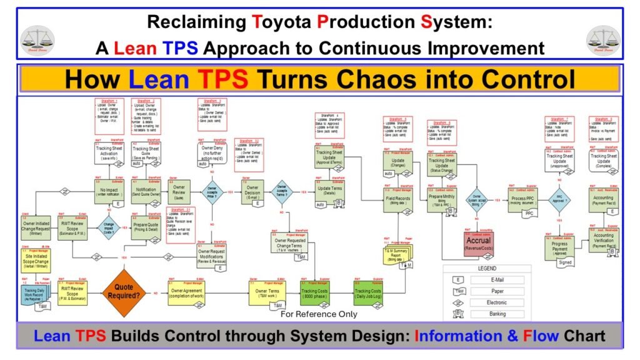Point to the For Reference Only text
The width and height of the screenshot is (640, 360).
coord(319,314)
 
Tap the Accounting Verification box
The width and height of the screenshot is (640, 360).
coord(603,241)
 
